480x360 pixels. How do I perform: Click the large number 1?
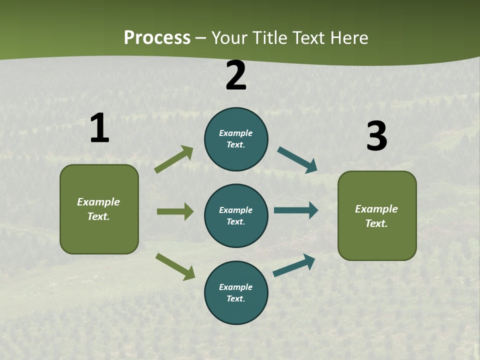[99, 128]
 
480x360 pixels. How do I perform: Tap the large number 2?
[236, 75]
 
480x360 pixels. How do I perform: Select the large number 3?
[376, 136]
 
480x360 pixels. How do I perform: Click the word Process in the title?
[157, 37]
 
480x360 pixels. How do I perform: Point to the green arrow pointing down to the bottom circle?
[175, 266]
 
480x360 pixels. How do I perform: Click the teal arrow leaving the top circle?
[297, 160]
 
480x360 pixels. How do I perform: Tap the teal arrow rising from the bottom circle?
[294, 265]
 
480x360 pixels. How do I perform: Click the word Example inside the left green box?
[98, 202]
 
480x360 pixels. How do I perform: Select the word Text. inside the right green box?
[376, 223]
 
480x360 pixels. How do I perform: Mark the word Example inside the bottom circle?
[236, 287]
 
